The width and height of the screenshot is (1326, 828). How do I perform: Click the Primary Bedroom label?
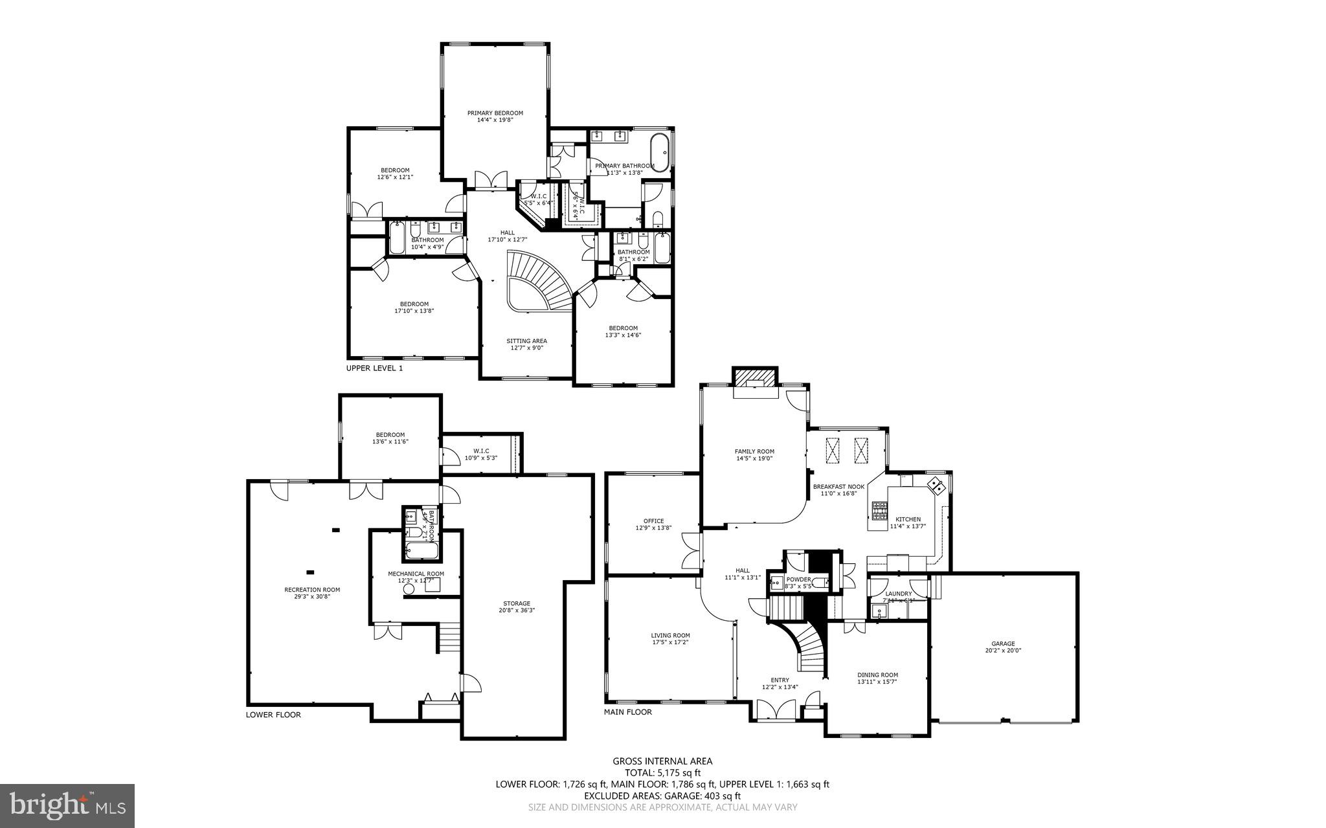pos(495,113)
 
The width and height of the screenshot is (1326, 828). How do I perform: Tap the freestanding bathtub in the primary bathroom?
pos(660,153)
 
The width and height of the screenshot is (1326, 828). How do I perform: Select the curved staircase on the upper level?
pos(537,282)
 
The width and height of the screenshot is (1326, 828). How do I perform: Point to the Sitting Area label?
pos(526,341)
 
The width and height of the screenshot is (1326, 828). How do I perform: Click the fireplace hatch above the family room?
pos(754,377)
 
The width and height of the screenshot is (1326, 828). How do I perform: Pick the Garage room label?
pos(1003,643)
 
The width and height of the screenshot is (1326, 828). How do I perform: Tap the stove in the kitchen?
pos(879,511)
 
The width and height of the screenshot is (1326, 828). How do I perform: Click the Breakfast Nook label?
pos(838,486)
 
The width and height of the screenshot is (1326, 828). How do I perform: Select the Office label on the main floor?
pos(653,520)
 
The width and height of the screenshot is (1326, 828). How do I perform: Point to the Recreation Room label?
pos(312,589)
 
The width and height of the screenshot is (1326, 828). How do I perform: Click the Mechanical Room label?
pos(416,574)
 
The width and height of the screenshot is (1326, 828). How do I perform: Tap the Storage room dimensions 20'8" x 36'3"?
pos(516,610)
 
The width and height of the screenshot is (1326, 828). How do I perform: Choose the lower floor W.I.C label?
pos(481,451)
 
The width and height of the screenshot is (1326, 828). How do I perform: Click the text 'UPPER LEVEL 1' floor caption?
pos(374,368)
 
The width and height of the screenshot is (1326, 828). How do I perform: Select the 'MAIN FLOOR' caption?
pos(627,712)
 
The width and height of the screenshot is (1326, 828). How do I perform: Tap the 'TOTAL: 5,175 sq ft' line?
pos(662,772)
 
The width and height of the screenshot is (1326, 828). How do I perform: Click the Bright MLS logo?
pos(67,805)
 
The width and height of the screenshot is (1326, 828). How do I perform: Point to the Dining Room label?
pos(877,675)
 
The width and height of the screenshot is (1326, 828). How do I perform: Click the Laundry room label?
pos(898,594)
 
